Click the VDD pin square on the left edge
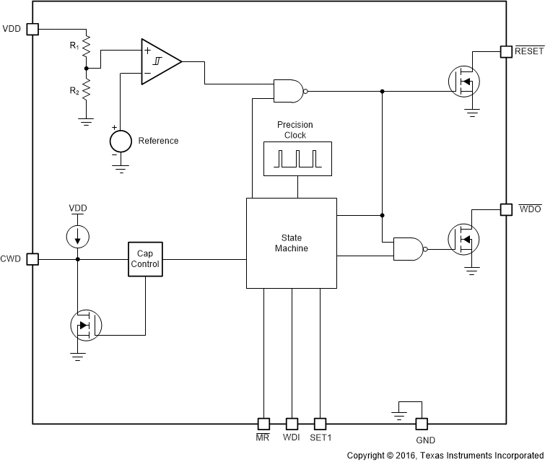click(32, 29)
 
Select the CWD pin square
click(32, 259)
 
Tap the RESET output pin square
click(506, 51)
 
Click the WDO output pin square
click(506, 209)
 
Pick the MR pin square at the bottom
click(263, 424)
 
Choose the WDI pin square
click(292, 424)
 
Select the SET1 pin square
click(320, 424)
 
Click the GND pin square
click(421, 424)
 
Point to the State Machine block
click(291, 243)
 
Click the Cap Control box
click(145, 259)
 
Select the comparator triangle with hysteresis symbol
click(160, 61)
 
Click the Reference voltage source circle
click(120, 139)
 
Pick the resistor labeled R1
click(86, 47)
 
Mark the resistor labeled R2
click(86, 90)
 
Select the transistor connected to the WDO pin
click(464, 238)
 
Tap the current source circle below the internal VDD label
click(77, 236)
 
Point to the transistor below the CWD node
click(86, 326)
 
